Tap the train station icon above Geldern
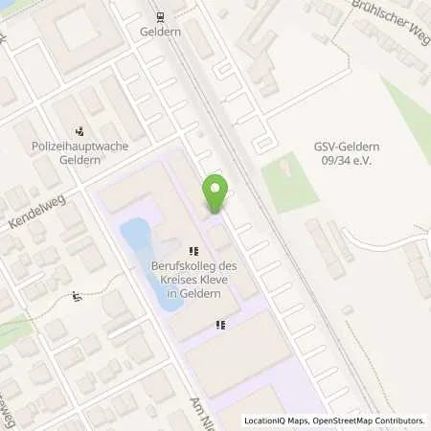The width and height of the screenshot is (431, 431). pyautogui.click(x=159, y=15)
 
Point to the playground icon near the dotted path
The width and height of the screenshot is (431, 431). pyautogui.click(x=78, y=296)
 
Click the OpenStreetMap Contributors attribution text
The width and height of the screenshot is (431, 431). pyautogui.click(x=367, y=420)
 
